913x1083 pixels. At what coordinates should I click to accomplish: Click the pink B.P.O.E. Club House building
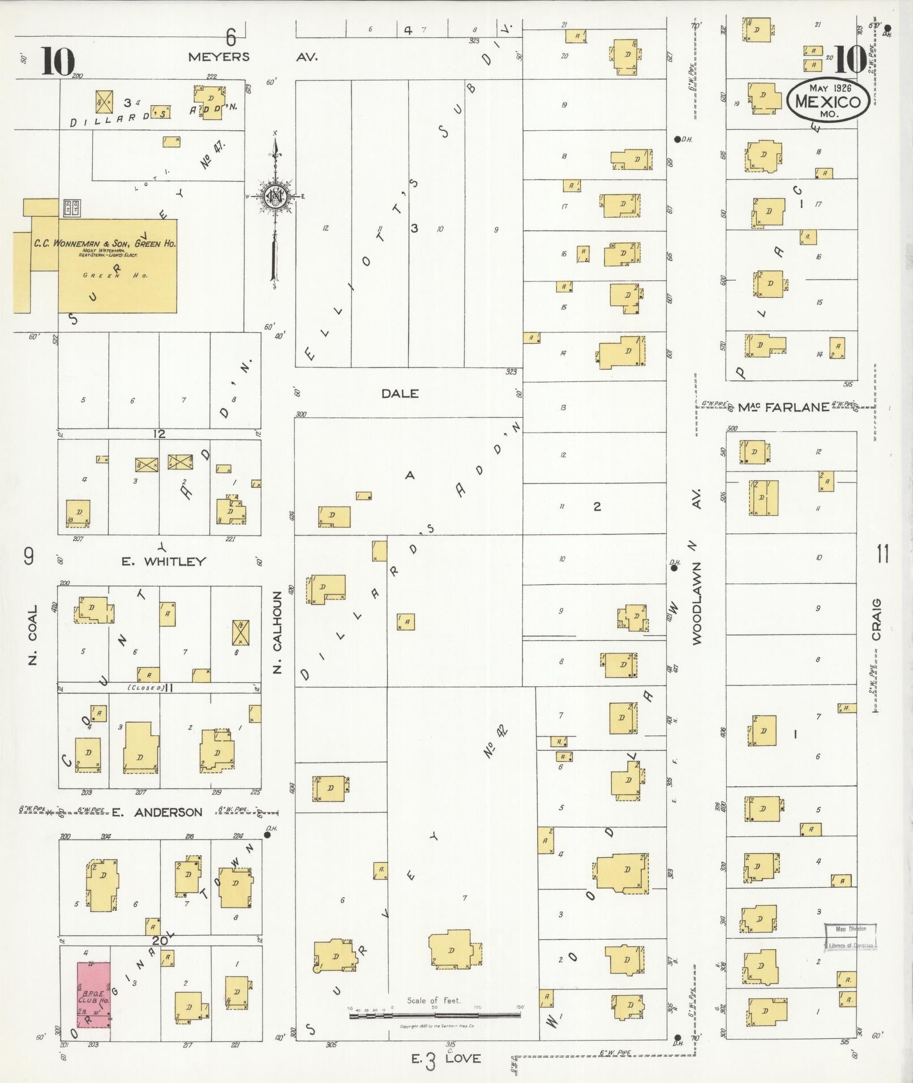[x=94, y=995]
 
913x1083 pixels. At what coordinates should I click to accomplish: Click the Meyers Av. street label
[x=253, y=57]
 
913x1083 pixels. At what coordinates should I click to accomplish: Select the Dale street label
[x=400, y=393]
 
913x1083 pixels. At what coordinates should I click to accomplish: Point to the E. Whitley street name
[x=164, y=561]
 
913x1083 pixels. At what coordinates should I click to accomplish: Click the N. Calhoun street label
[x=277, y=633]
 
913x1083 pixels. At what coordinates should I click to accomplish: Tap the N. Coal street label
[x=32, y=635]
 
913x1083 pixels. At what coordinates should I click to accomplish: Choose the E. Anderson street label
[x=157, y=812]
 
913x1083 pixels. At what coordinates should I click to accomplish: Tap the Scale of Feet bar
[x=435, y=1016]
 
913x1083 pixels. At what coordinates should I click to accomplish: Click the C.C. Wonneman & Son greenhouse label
[x=105, y=244]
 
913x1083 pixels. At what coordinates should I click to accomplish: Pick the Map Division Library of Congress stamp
[x=850, y=936]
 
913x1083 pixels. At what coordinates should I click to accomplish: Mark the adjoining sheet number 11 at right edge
[x=882, y=554]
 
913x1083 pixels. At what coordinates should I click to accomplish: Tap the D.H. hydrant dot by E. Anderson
[x=268, y=834]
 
